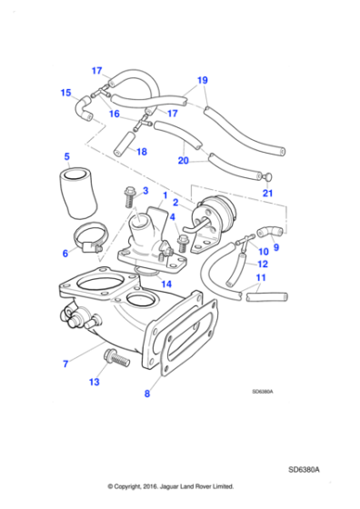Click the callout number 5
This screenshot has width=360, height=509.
pyautogui.click(x=66, y=156)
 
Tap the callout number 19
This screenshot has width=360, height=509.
pyautogui.click(x=203, y=80)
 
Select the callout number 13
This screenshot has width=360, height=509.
pyautogui.click(x=94, y=383)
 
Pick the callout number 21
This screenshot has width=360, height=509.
pyautogui.click(x=267, y=193)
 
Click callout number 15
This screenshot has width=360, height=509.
pyautogui.click(x=65, y=92)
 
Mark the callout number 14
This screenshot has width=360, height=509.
pyautogui.click(x=165, y=284)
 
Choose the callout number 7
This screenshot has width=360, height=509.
pyautogui.click(x=65, y=364)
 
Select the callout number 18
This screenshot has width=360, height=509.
pyautogui.click(x=141, y=152)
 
